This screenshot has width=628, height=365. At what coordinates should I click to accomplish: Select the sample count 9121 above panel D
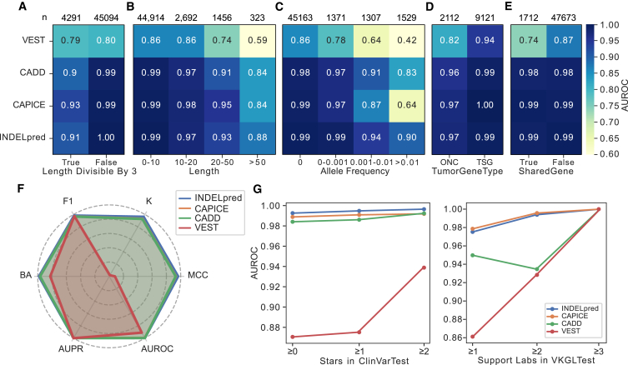tap(482, 12)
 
